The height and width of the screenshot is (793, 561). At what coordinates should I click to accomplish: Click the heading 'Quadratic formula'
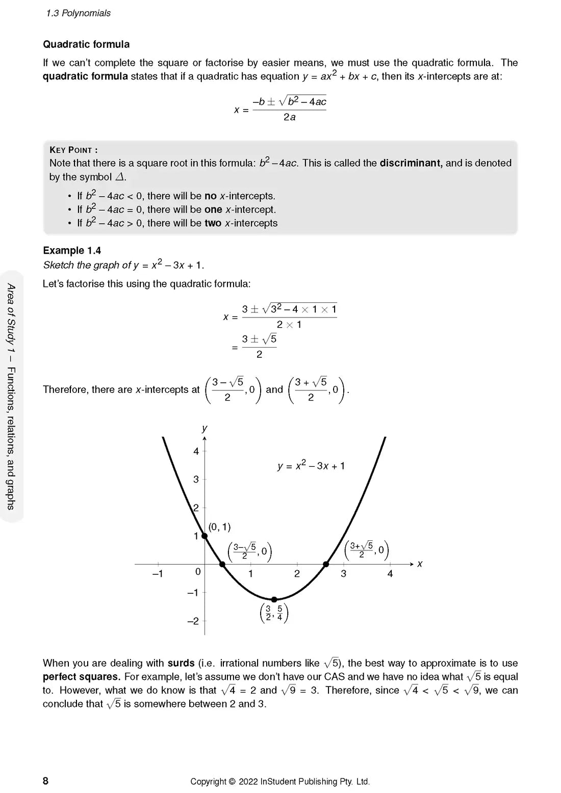pos(86,44)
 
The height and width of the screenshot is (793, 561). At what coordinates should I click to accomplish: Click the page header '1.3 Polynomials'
pos(78,13)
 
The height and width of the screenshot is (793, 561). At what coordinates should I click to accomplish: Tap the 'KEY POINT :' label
pos(73,150)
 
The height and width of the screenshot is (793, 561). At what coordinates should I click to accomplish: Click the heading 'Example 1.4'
pos(72,250)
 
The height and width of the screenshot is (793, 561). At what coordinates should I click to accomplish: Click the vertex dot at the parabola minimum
pos(274,599)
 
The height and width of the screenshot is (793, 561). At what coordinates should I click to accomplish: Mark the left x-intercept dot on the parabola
pos(222,564)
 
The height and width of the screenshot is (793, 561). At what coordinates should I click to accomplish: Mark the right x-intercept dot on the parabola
pos(326,564)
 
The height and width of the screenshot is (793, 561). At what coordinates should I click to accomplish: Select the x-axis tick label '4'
pos(390,574)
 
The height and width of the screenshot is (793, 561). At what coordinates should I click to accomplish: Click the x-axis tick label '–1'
pos(158,574)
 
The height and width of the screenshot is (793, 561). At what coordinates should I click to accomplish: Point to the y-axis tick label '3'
pos(196,480)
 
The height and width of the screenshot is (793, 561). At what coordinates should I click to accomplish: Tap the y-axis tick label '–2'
pos(193,621)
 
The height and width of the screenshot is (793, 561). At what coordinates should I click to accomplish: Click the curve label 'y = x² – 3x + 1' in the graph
pos(311,466)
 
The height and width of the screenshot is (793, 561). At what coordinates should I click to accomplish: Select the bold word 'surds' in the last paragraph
pos(181,663)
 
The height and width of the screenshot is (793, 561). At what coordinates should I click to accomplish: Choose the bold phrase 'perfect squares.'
pos(82,677)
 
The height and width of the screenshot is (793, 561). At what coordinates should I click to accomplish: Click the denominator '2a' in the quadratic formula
pos(289,117)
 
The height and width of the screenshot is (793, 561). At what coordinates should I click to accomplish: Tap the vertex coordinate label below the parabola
pos(274,613)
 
